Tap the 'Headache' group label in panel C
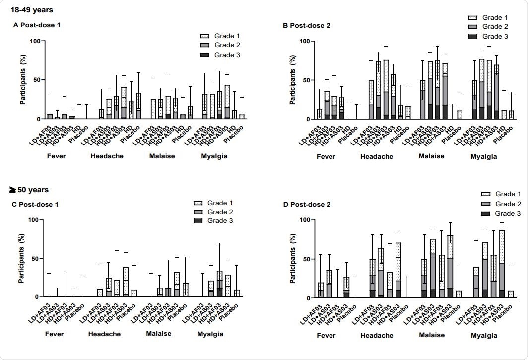coord(104,334)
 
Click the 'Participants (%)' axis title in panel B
coord(293,80)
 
